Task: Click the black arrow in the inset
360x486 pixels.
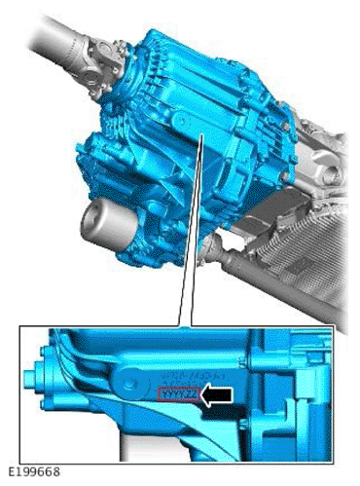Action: click(x=219, y=393)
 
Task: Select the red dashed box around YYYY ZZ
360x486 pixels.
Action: click(x=179, y=393)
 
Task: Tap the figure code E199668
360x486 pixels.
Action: click(x=33, y=471)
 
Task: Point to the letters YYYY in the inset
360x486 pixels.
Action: click(x=172, y=393)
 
